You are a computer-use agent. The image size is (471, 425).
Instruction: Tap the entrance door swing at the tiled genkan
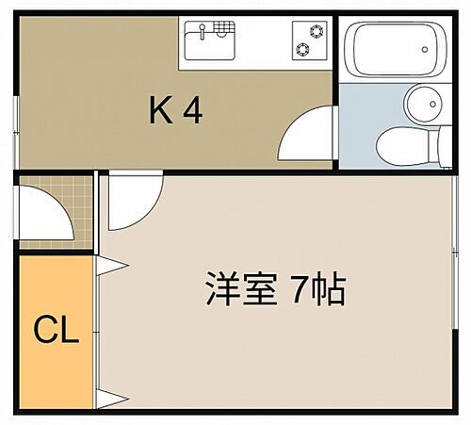(47, 212)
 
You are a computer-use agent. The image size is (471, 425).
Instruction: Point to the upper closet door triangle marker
(106, 268)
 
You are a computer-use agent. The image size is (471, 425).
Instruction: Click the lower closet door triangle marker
(106, 396)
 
